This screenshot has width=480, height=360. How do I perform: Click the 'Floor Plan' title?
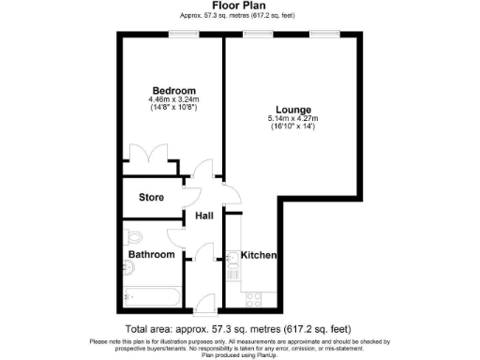point(239,6)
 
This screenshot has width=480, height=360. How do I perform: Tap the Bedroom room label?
point(170,91)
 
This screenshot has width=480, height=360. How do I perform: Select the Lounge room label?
point(293,110)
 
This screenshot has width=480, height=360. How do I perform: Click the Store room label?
point(151,198)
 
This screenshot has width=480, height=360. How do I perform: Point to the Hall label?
point(203,216)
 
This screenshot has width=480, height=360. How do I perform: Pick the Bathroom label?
point(151,254)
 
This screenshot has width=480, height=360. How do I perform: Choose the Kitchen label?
point(258,255)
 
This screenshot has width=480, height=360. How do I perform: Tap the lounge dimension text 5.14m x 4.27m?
point(293,119)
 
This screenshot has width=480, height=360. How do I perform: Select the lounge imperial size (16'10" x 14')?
point(293,127)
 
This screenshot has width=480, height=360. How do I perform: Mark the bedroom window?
point(183,35)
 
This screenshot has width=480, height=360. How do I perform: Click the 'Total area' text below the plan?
point(239,329)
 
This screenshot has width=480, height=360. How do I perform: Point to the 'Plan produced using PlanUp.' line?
point(239,355)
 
